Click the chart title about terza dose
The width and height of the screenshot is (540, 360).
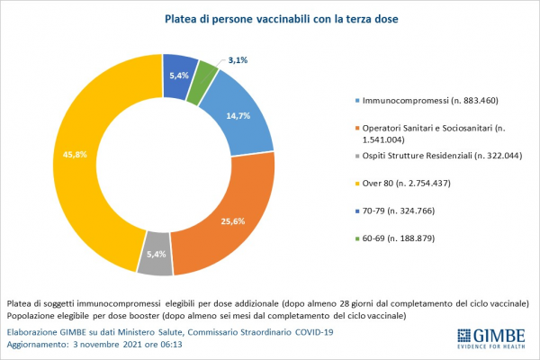point(269,17)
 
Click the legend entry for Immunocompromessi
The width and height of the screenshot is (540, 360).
point(423,100)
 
